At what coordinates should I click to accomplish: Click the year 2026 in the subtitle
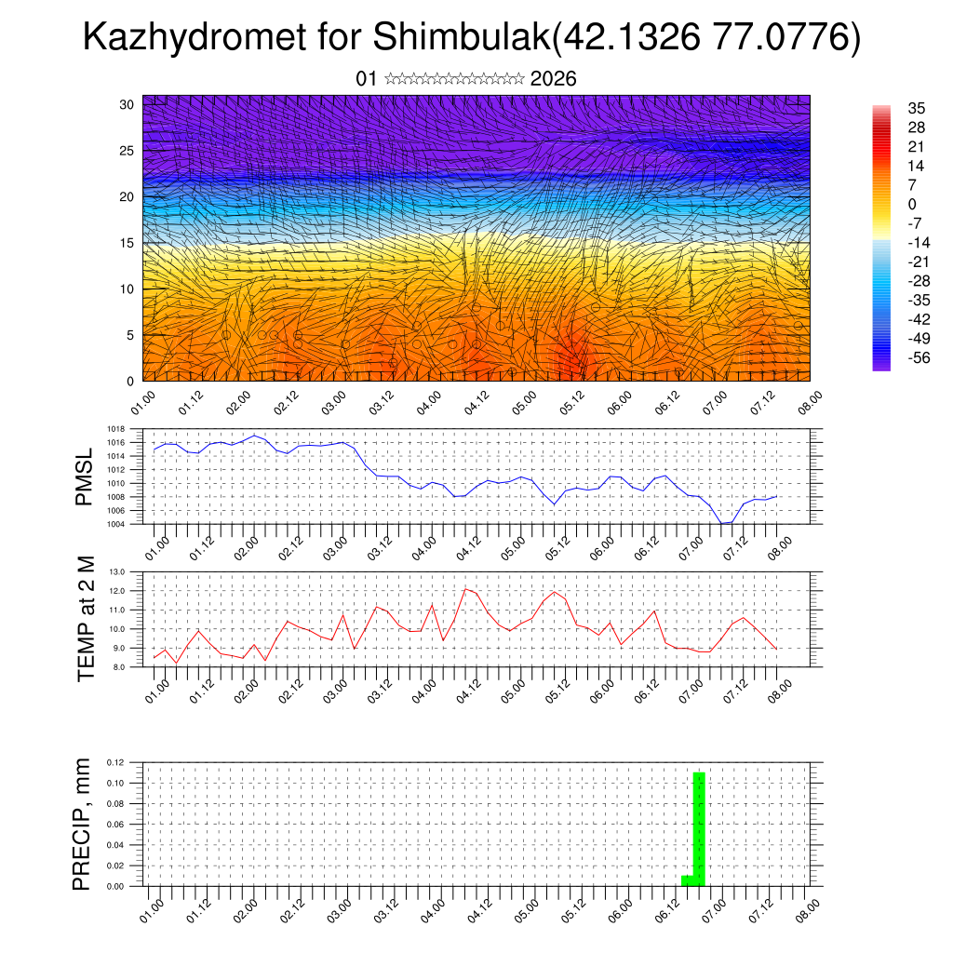[x=553, y=79]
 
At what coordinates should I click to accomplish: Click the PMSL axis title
[x=85, y=476]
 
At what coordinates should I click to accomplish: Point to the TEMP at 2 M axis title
[x=87, y=618]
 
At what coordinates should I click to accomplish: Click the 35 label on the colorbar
[x=916, y=109]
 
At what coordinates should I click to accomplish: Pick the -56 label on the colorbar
[x=918, y=357]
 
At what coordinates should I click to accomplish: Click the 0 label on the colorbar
[x=912, y=205]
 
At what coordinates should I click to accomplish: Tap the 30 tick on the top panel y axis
[x=128, y=104]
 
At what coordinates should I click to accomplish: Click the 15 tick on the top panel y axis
[x=128, y=243]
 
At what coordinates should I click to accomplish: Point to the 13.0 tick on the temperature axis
[x=117, y=572]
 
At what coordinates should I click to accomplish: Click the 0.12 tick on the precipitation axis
[x=115, y=763]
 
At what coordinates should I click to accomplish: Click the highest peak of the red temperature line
[x=464, y=589]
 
